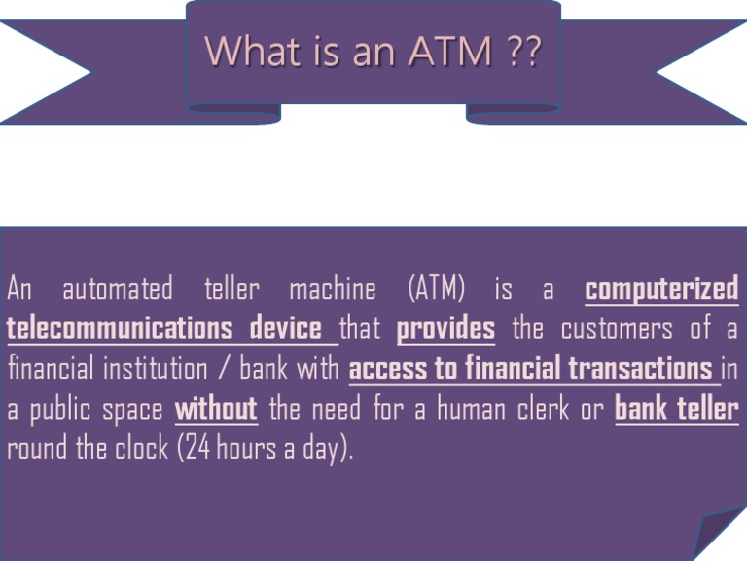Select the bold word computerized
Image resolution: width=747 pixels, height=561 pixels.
[662, 289]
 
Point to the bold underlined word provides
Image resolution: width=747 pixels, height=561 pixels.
[445, 329]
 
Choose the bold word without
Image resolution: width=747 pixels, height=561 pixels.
[216, 409]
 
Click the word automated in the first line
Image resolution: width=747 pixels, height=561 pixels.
[118, 289]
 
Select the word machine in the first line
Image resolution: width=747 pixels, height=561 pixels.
[333, 289]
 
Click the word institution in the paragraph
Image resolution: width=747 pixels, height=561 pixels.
[164, 369]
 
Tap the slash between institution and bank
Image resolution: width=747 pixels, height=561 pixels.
[225, 370]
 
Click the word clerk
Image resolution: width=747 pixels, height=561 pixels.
[551, 409]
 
